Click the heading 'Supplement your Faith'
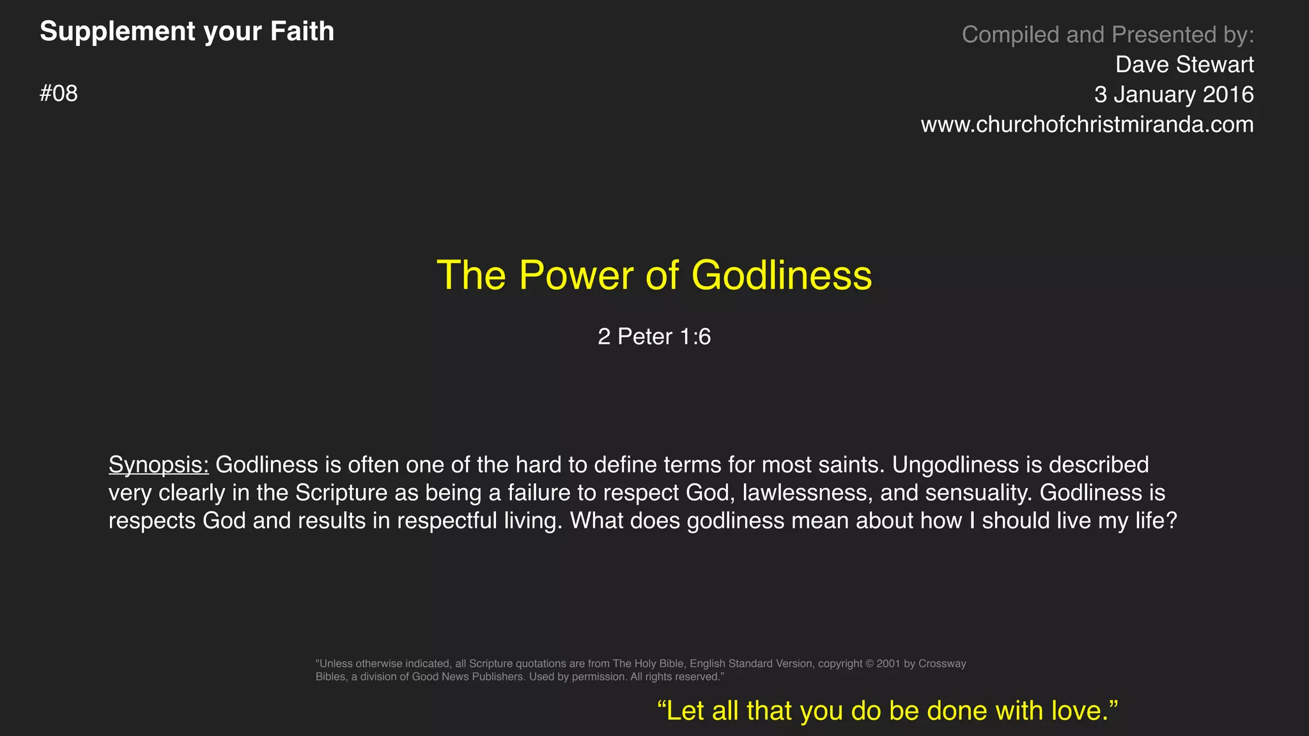tap(187, 31)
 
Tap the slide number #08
tap(59, 94)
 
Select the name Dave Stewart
tap(1184, 65)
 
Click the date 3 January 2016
tap(1173, 95)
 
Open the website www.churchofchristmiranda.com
tap(1087, 125)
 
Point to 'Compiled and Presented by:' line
tap(1107, 34)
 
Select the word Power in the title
tap(576, 275)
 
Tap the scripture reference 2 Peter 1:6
tap(654, 337)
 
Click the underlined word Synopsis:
tap(159, 464)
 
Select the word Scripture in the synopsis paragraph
tap(341, 493)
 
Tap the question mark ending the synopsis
tap(1171, 521)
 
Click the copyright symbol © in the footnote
tap(869, 664)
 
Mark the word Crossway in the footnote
tap(942, 664)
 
